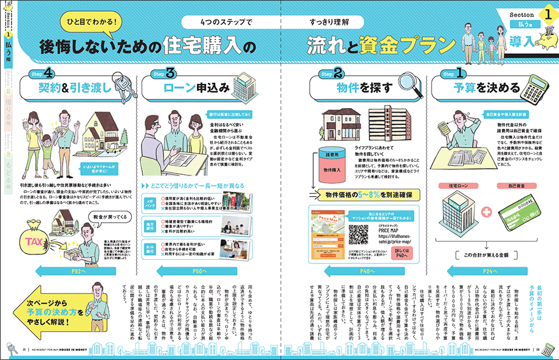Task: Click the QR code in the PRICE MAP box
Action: click(358, 234)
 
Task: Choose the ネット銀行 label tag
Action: click(148, 248)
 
